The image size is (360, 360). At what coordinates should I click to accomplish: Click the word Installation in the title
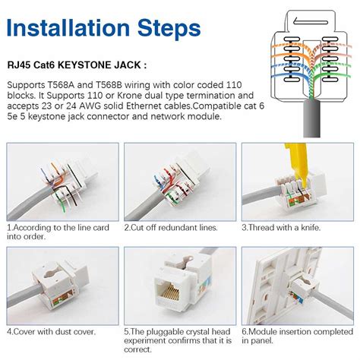pos(68,27)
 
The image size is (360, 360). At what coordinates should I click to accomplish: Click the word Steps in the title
pos(169,28)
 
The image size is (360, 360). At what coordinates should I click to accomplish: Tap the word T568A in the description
pos(61,85)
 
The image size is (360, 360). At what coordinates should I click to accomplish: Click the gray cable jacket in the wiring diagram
pos(311,118)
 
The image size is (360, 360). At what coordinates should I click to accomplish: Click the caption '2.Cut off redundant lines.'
pos(171,228)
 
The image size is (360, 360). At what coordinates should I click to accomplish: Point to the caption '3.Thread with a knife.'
pos(281,228)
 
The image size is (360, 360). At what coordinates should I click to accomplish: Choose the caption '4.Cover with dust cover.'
pos(52,332)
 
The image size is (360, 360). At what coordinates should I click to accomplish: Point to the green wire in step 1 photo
pos(62,202)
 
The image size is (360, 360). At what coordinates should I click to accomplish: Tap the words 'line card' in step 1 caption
pos(90,228)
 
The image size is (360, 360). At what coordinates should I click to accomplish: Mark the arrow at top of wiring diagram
pos(311,21)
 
